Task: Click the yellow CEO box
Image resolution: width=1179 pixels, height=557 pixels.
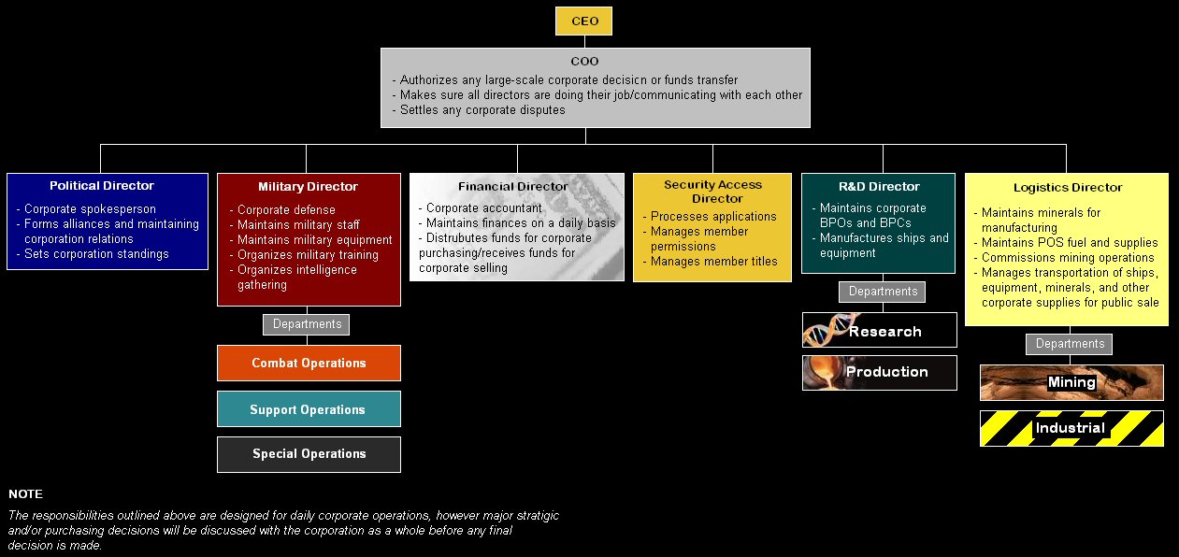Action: (x=584, y=21)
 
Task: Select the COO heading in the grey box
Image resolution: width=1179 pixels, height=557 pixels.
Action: (x=584, y=62)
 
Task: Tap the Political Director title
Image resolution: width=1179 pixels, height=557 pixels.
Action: (x=102, y=186)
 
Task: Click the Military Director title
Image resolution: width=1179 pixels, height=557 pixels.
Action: (x=308, y=187)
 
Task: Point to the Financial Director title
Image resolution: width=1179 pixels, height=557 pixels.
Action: (x=513, y=187)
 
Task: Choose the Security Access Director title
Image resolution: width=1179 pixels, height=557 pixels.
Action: (x=712, y=192)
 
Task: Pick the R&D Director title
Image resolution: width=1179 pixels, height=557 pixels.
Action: (x=879, y=187)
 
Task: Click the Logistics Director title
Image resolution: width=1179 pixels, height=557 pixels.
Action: (x=1068, y=188)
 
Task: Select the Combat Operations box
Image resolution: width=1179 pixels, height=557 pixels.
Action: (x=309, y=363)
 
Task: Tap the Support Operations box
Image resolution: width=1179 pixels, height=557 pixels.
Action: (x=308, y=409)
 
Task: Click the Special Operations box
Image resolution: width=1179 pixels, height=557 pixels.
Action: (x=309, y=454)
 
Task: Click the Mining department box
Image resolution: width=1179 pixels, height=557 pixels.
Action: (x=1071, y=382)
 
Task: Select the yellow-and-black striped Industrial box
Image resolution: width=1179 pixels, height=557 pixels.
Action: (x=1071, y=429)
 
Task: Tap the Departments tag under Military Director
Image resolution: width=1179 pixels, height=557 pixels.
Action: (x=307, y=324)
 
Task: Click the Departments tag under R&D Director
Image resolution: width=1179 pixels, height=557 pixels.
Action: (x=883, y=292)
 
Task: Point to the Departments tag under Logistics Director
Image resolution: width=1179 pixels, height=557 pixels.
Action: (x=1070, y=344)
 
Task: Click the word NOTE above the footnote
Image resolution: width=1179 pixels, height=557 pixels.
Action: (x=25, y=494)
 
